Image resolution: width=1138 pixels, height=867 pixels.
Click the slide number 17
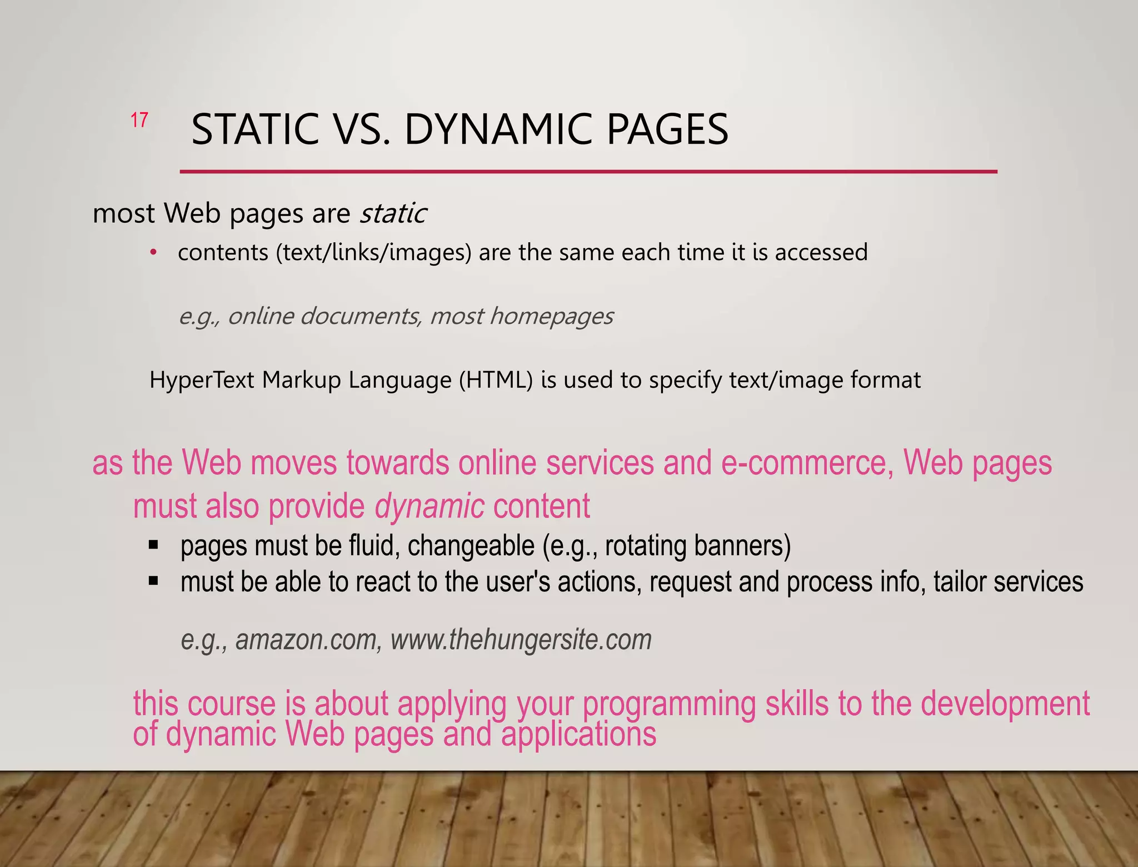pyautogui.click(x=139, y=120)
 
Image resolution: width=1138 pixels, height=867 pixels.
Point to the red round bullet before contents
pyautogui.click(x=154, y=253)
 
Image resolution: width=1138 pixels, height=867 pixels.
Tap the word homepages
pyautogui.click(x=551, y=316)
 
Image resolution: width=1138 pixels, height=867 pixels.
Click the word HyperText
pyautogui.click(x=203, y=380)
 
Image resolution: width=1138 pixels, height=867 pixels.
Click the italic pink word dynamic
pyautogui.click(x=429, y=506)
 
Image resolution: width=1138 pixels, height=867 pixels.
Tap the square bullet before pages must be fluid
pyautogui.click(x=154, y=545)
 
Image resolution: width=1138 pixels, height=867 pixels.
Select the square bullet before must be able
pyautogui.click(x=154, y=581)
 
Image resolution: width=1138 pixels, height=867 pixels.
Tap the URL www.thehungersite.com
pyautogui.click(x=521, y=640)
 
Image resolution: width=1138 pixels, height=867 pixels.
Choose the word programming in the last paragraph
pyautogui.click(x=669, y=704)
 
